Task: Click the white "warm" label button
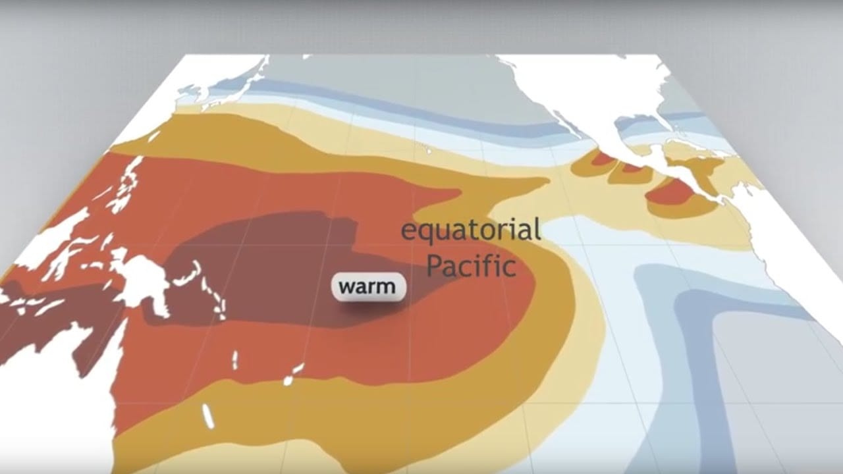[368, 287]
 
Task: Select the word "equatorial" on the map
[471, 230]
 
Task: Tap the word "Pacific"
[471, 266]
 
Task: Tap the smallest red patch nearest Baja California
[601, 158]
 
